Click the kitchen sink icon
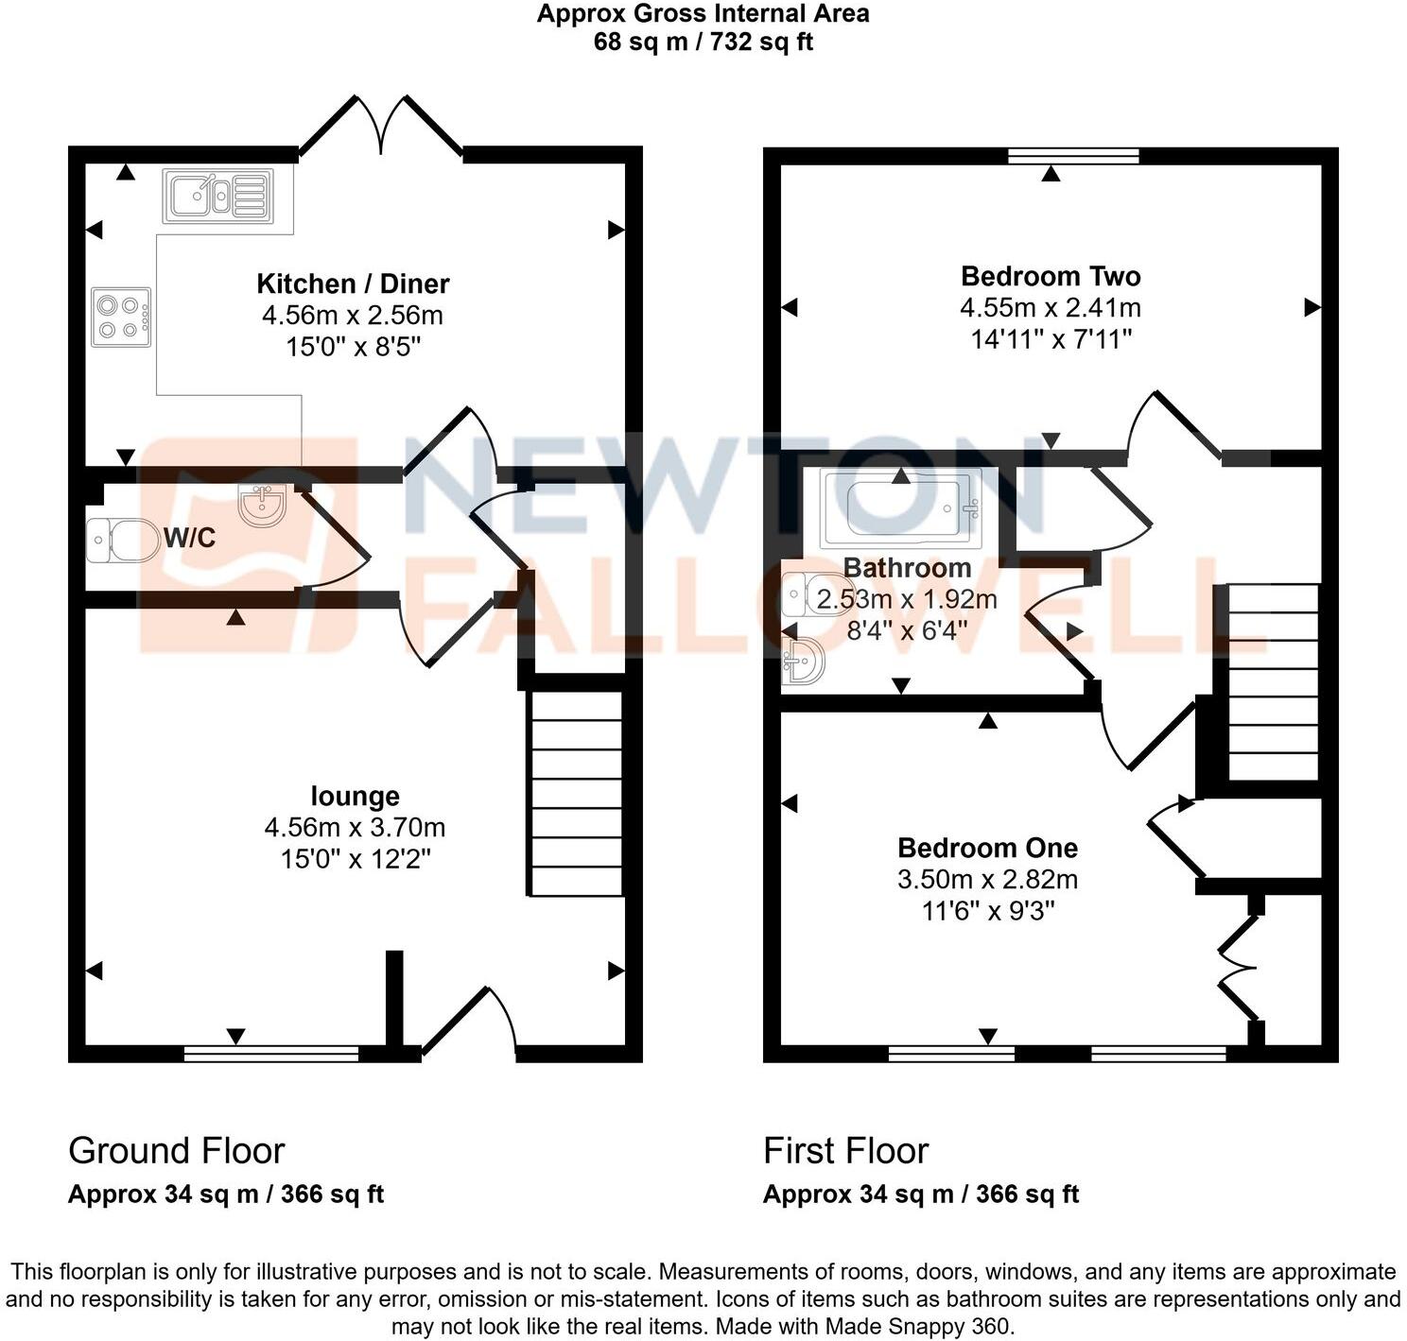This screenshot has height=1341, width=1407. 217,196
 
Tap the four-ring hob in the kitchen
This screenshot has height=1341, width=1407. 121,317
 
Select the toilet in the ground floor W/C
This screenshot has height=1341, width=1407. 122,541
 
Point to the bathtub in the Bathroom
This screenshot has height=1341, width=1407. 902,507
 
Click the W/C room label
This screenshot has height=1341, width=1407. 190,538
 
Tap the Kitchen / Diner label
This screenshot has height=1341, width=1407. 353,284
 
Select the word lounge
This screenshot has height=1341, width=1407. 355,797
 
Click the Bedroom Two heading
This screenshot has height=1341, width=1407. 1051,276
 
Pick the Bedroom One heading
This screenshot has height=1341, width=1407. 987,848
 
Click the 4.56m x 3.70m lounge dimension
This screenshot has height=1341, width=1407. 355,828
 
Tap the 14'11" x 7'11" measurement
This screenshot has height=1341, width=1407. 1051,339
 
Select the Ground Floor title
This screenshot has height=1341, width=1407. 176,1151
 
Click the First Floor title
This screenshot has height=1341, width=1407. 846,1151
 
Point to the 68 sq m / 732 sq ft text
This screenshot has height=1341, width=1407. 703,42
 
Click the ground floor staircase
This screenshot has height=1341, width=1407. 575,793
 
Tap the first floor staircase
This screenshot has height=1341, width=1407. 1273,682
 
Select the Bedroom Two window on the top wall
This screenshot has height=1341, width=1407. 1073,157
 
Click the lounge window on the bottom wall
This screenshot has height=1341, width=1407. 271,1054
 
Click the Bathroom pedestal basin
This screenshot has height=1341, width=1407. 803,660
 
